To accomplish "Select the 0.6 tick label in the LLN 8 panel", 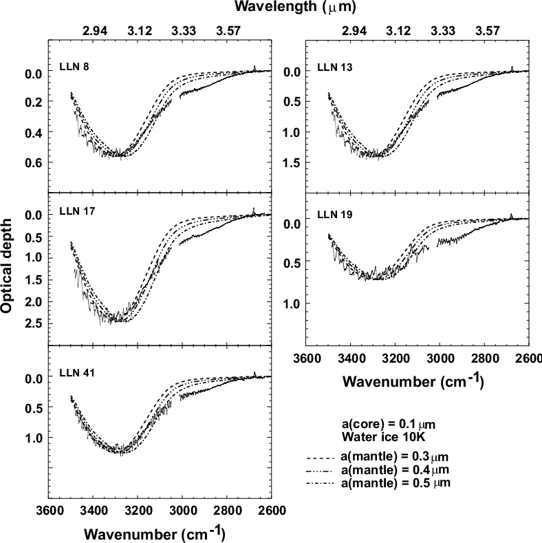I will point(33,163).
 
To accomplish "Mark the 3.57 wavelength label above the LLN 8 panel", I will point(228,31).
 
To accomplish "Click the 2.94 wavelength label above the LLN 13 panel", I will point(354,31).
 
